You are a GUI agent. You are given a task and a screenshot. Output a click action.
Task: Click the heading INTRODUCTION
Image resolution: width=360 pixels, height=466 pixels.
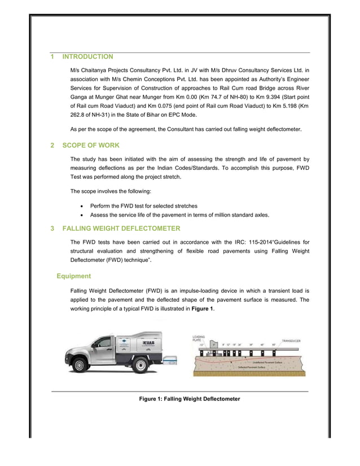pyautogui.click(x=87, y=57)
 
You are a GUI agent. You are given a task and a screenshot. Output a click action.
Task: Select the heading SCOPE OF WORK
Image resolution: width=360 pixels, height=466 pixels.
pyautogui.click(x=90, y=145)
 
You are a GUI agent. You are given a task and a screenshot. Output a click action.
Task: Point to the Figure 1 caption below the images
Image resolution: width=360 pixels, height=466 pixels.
pyautogui.click(x=190, y=399)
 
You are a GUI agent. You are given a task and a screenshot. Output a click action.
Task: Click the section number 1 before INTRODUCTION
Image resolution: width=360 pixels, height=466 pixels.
pyautogui.click(x=52, y=57)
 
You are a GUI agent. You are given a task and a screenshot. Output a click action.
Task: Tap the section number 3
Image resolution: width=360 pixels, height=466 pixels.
pyautogui.click(x=52, y=228)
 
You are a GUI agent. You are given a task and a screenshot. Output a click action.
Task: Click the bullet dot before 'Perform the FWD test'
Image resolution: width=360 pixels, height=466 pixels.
pyautogui.click(x=84, y=205)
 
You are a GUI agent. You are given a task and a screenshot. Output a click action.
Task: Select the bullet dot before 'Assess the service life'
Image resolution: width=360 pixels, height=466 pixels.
pyautogui.click(x=84, y=215)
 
